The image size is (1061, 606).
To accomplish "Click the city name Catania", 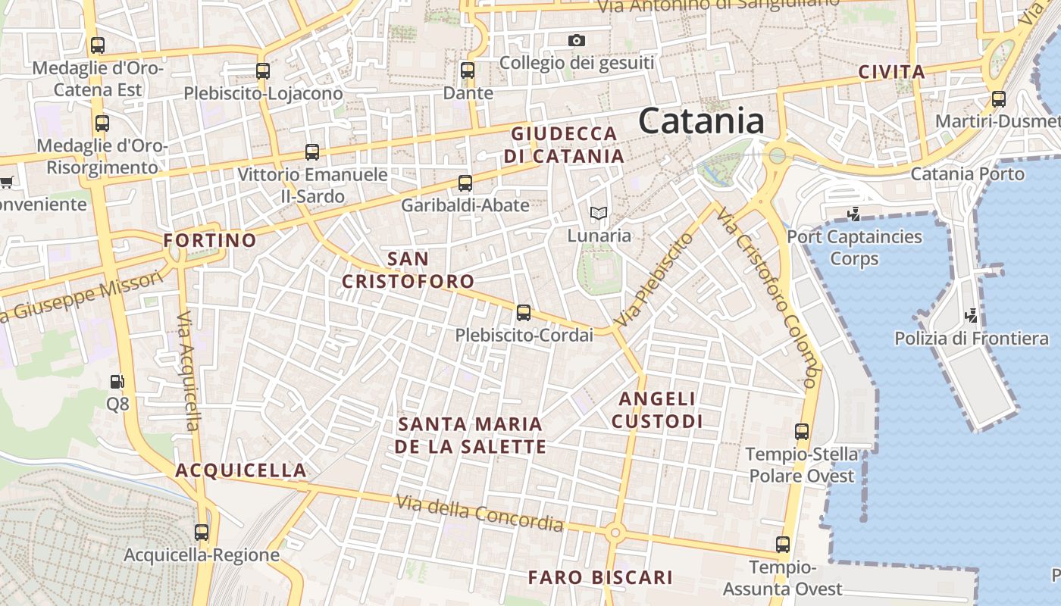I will (x=701, y=121).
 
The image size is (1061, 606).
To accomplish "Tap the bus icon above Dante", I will (x=468, y=70).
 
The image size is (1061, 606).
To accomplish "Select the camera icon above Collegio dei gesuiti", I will (x=577, y=40).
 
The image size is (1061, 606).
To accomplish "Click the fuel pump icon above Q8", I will (x=117, y=382).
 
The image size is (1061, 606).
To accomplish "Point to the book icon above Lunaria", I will (x=599, y=214).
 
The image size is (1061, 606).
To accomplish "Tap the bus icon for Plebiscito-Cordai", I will (x=523, y=312).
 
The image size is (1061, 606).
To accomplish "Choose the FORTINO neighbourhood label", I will (x=210, y=241).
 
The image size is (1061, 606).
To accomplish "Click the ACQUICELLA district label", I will (x=241, y=470).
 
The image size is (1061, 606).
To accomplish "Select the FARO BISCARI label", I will (x=600, y=577).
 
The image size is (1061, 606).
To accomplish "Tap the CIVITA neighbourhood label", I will (x=891, y=73).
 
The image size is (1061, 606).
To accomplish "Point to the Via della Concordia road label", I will (x=480, y=512).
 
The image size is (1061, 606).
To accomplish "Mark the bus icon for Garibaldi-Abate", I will (x=465, y=183).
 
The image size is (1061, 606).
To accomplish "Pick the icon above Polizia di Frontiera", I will (x=971, y=314).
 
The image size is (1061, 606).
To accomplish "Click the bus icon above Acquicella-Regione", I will (x=202, y=532).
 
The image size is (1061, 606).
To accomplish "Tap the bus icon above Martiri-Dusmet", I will (x=999, y=98).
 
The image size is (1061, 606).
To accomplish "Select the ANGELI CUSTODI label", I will (x=657, y=410).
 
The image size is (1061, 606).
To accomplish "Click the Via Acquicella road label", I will (x=189, y=371).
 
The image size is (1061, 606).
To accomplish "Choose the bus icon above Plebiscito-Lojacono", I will (x=263, y=71).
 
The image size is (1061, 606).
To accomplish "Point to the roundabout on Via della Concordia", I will (x=615, y=533).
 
